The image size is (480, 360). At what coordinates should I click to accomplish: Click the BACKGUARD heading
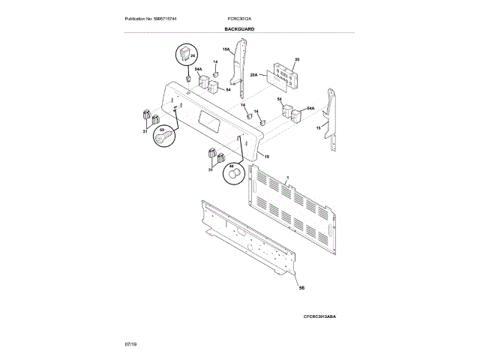pos(239,28)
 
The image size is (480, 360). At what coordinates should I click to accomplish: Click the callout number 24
pos(192,55)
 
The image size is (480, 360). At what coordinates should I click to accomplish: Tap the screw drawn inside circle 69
pos(162,137)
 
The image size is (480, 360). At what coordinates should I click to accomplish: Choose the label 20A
pos(253,75)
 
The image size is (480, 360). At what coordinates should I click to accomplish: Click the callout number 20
pos(297,59)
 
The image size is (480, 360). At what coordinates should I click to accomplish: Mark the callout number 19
pos(267,156)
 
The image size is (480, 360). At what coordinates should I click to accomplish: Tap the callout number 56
pos(302,287)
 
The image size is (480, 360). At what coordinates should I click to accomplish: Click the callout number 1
pos(288,176)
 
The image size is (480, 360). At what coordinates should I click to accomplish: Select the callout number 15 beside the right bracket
pos(318,129)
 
